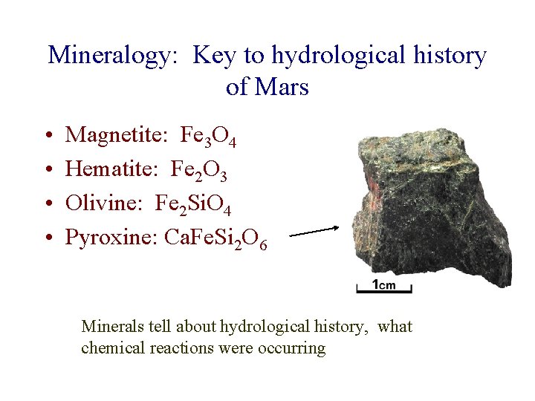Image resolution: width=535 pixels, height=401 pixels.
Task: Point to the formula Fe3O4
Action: click(x=208, y=137)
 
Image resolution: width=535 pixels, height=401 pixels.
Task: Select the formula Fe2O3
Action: click(x=199, y=171)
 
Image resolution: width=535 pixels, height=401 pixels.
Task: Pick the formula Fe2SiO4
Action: click(x=196, y=204)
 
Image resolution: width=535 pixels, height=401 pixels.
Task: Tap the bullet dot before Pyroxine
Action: click(x=46, y=238)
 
